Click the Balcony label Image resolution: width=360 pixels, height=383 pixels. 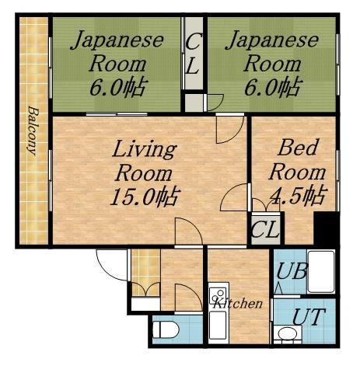tap(33, 131)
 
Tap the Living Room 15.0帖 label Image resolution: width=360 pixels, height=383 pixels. tap(145, 172)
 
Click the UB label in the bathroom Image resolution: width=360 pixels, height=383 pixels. tap(292, 271)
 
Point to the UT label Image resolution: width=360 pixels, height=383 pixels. tap(308, 317)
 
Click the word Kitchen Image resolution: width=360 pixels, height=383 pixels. tap(237, 303)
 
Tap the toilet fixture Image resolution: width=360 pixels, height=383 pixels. tap(166, 329)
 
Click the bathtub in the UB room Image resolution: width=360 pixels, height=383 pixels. tap(321, 271)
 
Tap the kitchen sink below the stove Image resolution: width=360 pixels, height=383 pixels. tap(218, 326)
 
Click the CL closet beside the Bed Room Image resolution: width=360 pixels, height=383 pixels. tap(266, 228)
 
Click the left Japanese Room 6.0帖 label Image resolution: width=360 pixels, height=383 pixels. tap(117, 64)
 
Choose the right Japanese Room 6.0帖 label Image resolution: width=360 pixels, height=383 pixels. tap(272, 64)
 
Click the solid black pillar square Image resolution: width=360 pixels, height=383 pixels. tap(327, 228)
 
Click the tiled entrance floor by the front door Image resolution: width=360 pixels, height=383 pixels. tap(145, 272)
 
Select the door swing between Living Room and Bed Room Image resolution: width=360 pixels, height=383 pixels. tap(234, 197)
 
